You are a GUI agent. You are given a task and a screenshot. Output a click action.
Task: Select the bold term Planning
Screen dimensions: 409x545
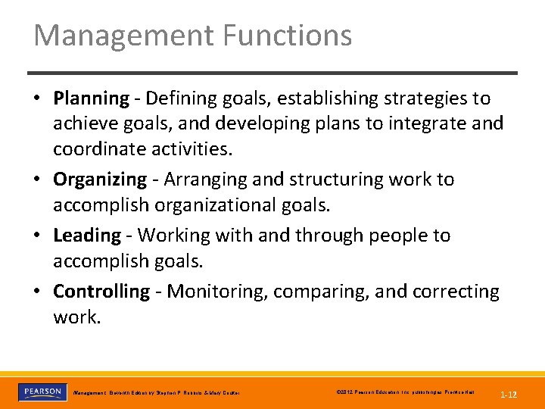pos(91,98)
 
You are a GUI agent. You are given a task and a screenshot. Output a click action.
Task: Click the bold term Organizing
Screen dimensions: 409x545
pos(100,180)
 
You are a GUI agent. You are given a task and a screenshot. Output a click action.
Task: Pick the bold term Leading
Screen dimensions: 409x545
pos(86,236)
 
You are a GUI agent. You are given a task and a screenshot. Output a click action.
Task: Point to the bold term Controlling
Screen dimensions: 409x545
pos(101,292)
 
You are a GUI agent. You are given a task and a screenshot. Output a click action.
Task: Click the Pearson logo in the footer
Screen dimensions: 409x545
pos(42,392)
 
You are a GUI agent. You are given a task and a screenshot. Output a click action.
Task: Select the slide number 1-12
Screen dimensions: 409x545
pos(509,395)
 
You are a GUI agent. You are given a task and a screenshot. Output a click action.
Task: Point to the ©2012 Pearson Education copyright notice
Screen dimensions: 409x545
pos(404,392)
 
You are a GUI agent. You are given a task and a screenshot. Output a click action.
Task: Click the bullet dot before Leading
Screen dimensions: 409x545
pos(37,236)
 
